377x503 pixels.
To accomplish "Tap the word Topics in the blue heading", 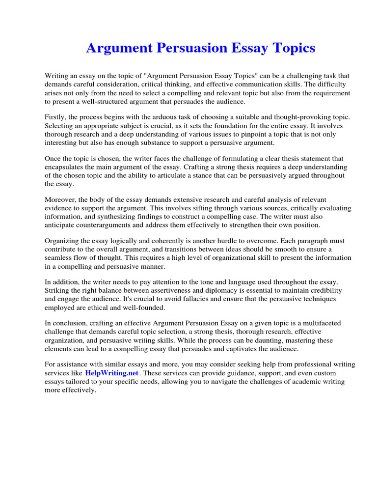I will coord(291,48).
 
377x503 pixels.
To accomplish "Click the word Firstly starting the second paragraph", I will coord(55,117).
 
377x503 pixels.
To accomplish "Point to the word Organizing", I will coord(62,241).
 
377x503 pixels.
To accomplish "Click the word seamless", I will coord(59,258).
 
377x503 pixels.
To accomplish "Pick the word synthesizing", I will coord(105,217).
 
